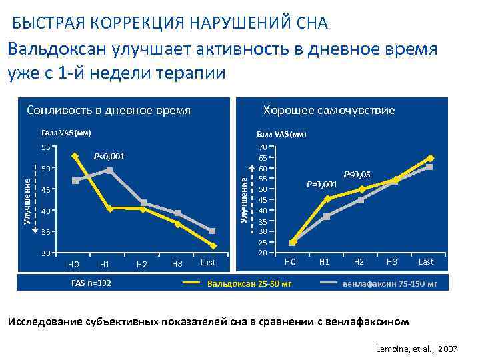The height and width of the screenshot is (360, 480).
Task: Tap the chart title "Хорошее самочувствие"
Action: click(x=329, y=110)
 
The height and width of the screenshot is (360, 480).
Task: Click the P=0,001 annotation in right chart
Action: click(x=321, y=184)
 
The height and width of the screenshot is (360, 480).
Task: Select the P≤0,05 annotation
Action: click(x=357, y=175)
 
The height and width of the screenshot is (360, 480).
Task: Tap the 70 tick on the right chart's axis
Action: click(x=263, y=147)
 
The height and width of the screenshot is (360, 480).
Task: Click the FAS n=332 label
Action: click(x=91, y=283)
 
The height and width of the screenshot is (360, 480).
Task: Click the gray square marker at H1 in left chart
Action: click(x=109, y=171)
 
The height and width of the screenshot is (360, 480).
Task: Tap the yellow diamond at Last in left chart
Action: click(x=212, y=245)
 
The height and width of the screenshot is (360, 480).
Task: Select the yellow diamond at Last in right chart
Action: click(x=430, y=158)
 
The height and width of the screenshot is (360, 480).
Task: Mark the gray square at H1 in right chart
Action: click(x=326, y=216)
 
